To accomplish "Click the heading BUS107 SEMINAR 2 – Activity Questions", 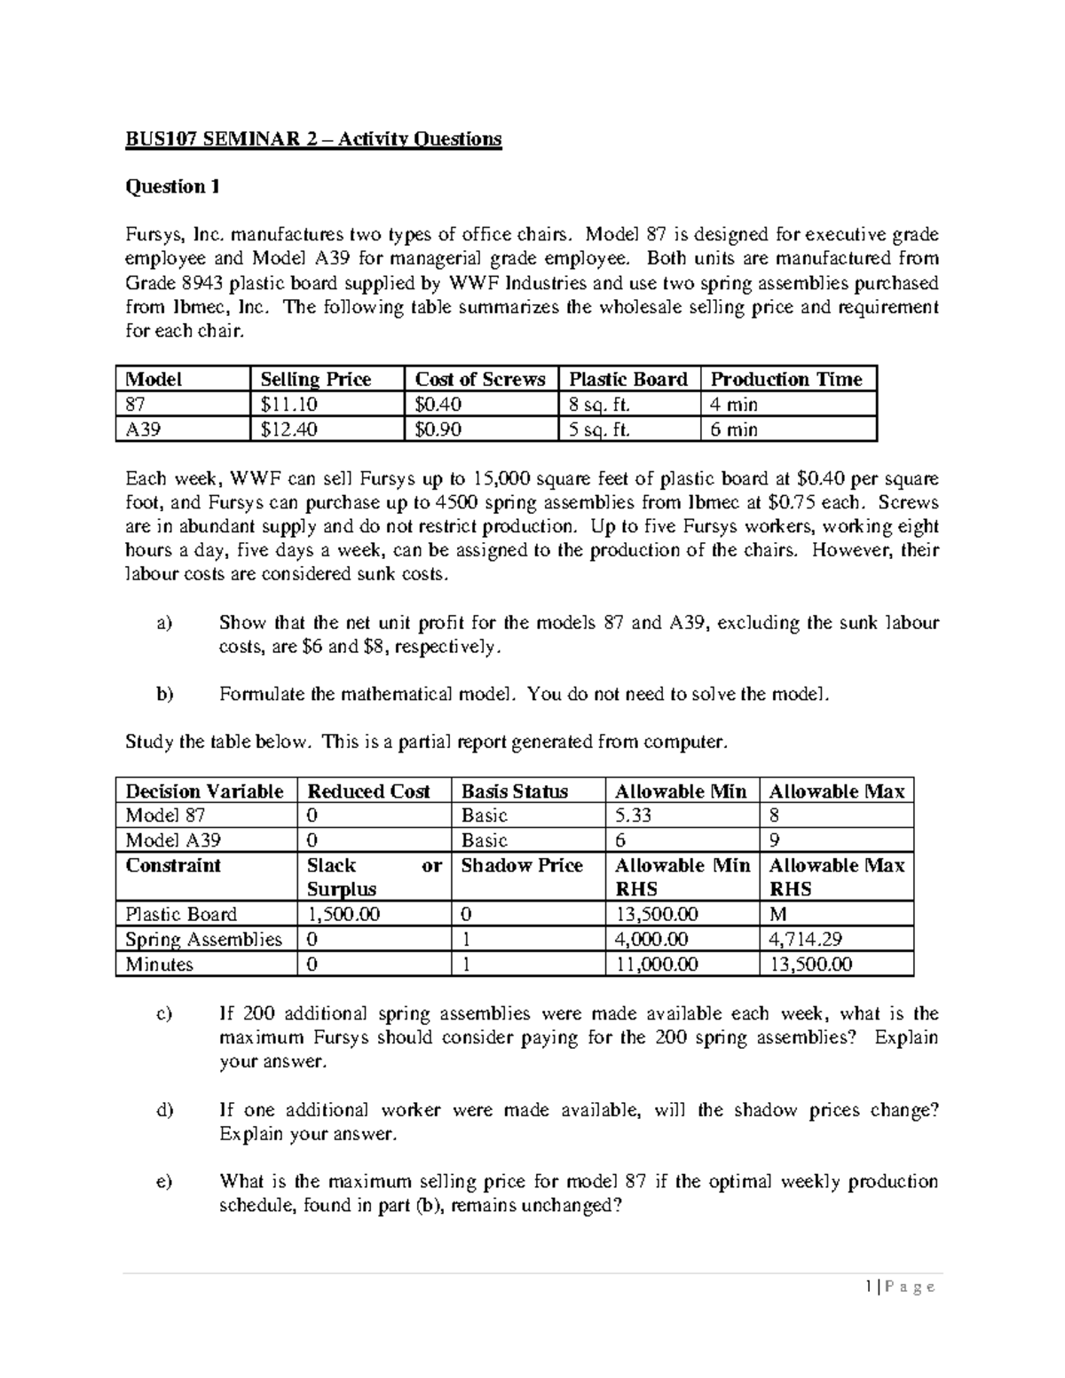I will coord(313,139).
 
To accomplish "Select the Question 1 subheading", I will coord(172,186).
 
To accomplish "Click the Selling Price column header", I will coord(315,379).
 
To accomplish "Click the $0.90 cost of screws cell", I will coord(438,429).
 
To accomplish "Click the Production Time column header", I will coord(786,379).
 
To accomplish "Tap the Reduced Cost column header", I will coord(367,791).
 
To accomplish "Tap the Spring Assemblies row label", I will coord(203,939).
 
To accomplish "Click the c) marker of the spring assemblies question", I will coord(163,1013).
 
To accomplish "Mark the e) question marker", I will coord(163,1182).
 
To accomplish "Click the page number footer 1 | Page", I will coord(903,1287).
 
